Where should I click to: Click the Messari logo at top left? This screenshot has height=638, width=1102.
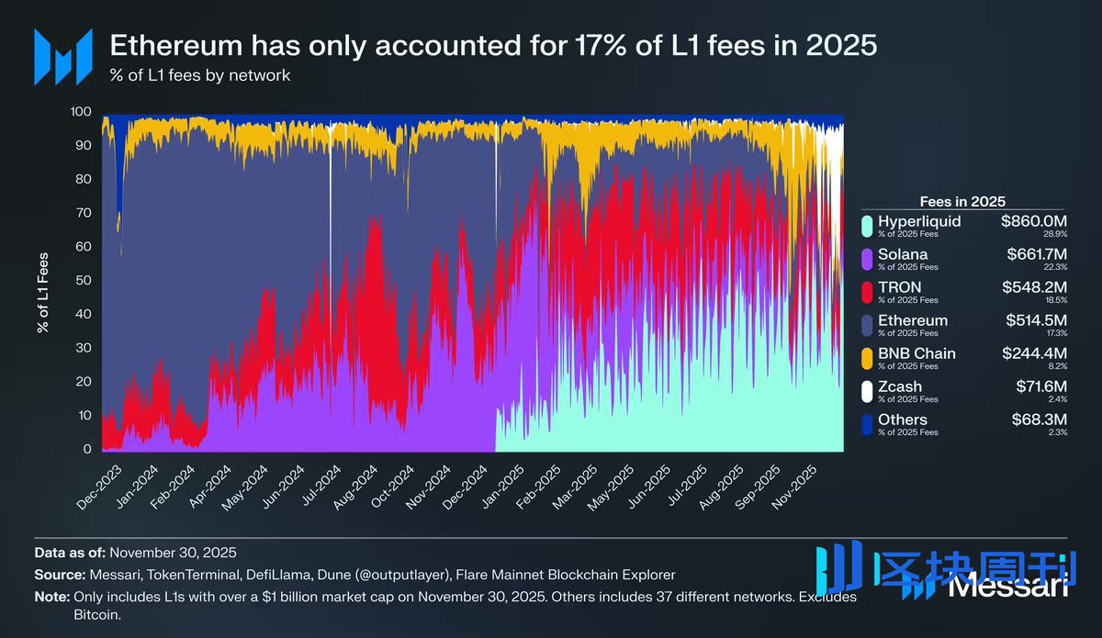(63, 57)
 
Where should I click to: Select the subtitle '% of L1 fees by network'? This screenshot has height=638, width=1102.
(200, 75)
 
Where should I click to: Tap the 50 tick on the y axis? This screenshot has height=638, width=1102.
(84, 280)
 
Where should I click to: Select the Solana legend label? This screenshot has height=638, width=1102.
(903, 254)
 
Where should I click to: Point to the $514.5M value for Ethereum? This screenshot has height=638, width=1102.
(1035, 320)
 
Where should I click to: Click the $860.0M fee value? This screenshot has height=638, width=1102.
(1035, 221)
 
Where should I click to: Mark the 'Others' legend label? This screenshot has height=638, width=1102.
(903, 420)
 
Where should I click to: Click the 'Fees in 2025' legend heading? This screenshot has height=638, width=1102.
(962, 201)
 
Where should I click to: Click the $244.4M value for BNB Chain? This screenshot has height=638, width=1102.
(1035, 353)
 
